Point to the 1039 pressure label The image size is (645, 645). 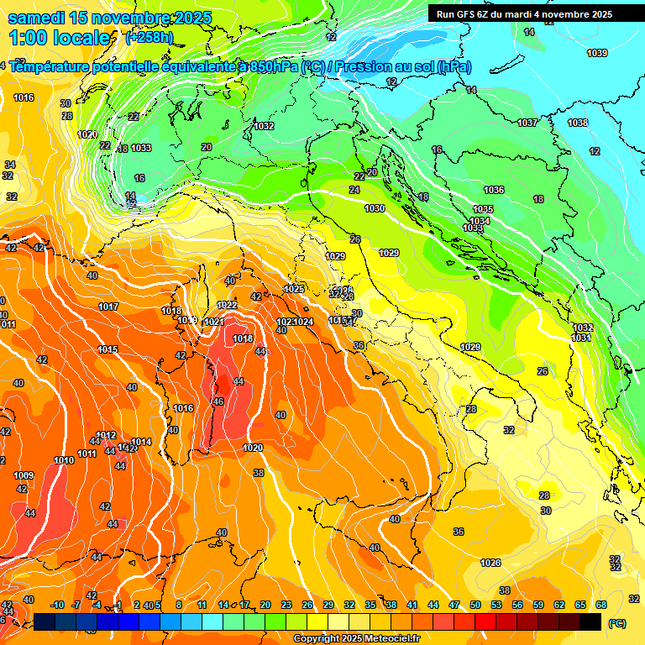coord(597,54)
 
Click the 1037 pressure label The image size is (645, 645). coord(527,123)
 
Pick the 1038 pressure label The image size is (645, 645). coord(578,123)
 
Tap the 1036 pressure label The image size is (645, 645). coord(494,191)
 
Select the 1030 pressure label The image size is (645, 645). coord(375,209)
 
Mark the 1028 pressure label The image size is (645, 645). coord(490,563)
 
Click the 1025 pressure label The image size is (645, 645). coord(294,290)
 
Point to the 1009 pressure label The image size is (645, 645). coord(24,476)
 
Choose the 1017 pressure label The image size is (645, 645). coord(108,307)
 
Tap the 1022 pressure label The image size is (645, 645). coord(227,305)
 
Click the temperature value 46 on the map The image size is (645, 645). coord(218,402)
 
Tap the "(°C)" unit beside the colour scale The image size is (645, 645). coord(617,624)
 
